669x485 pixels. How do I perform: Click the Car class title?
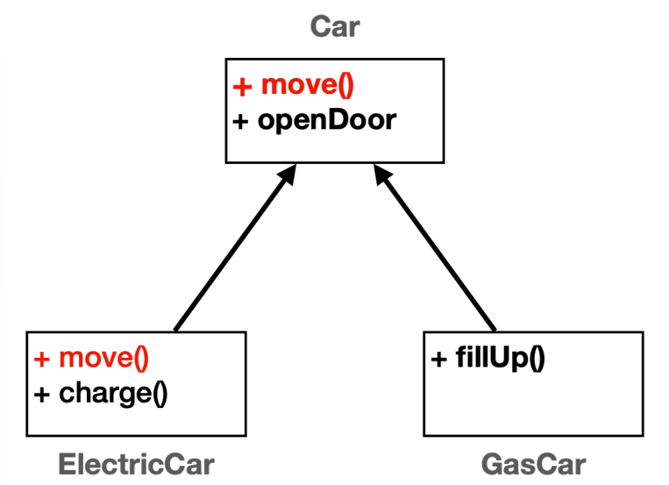tap(335, 26)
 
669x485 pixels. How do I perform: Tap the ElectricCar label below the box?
tap(136, 464)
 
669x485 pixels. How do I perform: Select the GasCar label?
tap(533, 464)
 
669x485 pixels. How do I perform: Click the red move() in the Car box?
tap(307, 85)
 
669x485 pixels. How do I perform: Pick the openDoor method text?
tap(327, 121)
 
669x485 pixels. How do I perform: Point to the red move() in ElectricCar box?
tap(103, 357)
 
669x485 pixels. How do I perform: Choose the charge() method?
tap(113, 393)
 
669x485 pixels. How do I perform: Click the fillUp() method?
tap(500, 357)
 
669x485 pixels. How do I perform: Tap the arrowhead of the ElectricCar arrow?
tap(287, 175)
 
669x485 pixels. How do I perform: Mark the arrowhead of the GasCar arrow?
tap(382, 175)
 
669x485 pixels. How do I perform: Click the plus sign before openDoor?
tap(240, 122)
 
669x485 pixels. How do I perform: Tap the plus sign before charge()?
tap(42, 395)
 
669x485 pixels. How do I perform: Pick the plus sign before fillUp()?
tap(438, 359)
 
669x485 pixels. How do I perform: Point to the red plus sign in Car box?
tap(242, 87)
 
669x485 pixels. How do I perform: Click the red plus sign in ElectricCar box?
tap(42, 359)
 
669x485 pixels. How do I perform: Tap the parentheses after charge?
tap(160, 394)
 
